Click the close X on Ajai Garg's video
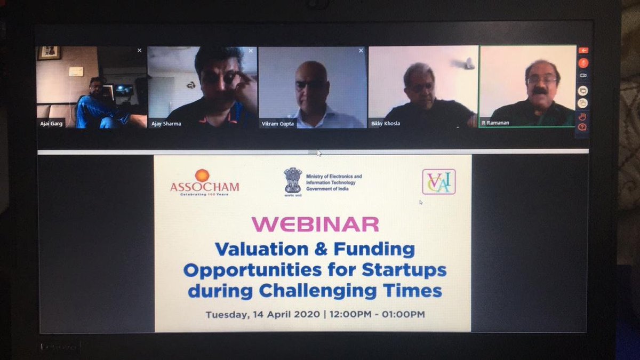coord(139,50)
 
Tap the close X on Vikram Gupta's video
coord(361,51)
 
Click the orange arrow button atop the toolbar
coord(583,50)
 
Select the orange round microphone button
coord(583,62)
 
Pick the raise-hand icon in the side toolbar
coord(583,116)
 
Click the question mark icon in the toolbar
coord(583,127)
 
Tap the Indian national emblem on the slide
coord(293,180)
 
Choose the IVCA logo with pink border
coord(438,182)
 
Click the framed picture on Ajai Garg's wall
coord(50,53)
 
